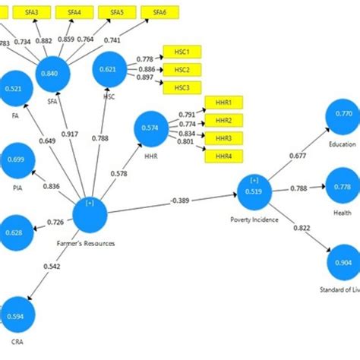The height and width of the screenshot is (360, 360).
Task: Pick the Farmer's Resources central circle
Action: click(x=90, y=213)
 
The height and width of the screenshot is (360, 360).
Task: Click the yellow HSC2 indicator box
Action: click(x=182, y=70)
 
